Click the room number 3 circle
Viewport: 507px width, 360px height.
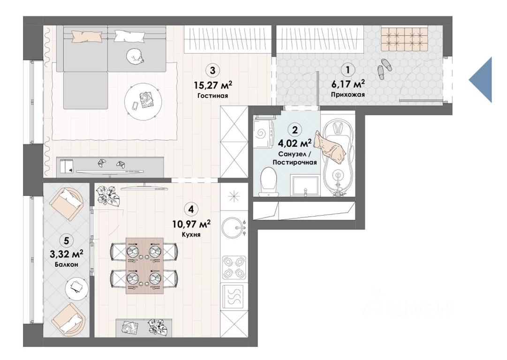(212, 70)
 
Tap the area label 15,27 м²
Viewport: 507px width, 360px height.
(213, 85)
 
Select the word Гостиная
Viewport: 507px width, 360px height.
(212, 96)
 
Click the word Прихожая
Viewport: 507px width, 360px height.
(348, 95)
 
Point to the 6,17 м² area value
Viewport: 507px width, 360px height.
(348, 84)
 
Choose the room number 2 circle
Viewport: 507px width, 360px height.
(295, 130)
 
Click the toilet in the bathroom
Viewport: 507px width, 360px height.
(268, 181)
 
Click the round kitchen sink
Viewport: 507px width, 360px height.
(233, 227)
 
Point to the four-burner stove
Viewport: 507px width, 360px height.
(234, 268)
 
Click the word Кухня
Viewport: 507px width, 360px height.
(191, 234)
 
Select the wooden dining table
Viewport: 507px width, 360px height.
(144, 266)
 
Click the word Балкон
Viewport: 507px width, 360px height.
(67, 264)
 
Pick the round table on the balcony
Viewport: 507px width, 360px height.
(76, 288)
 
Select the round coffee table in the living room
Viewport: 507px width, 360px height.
(143, 101)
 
